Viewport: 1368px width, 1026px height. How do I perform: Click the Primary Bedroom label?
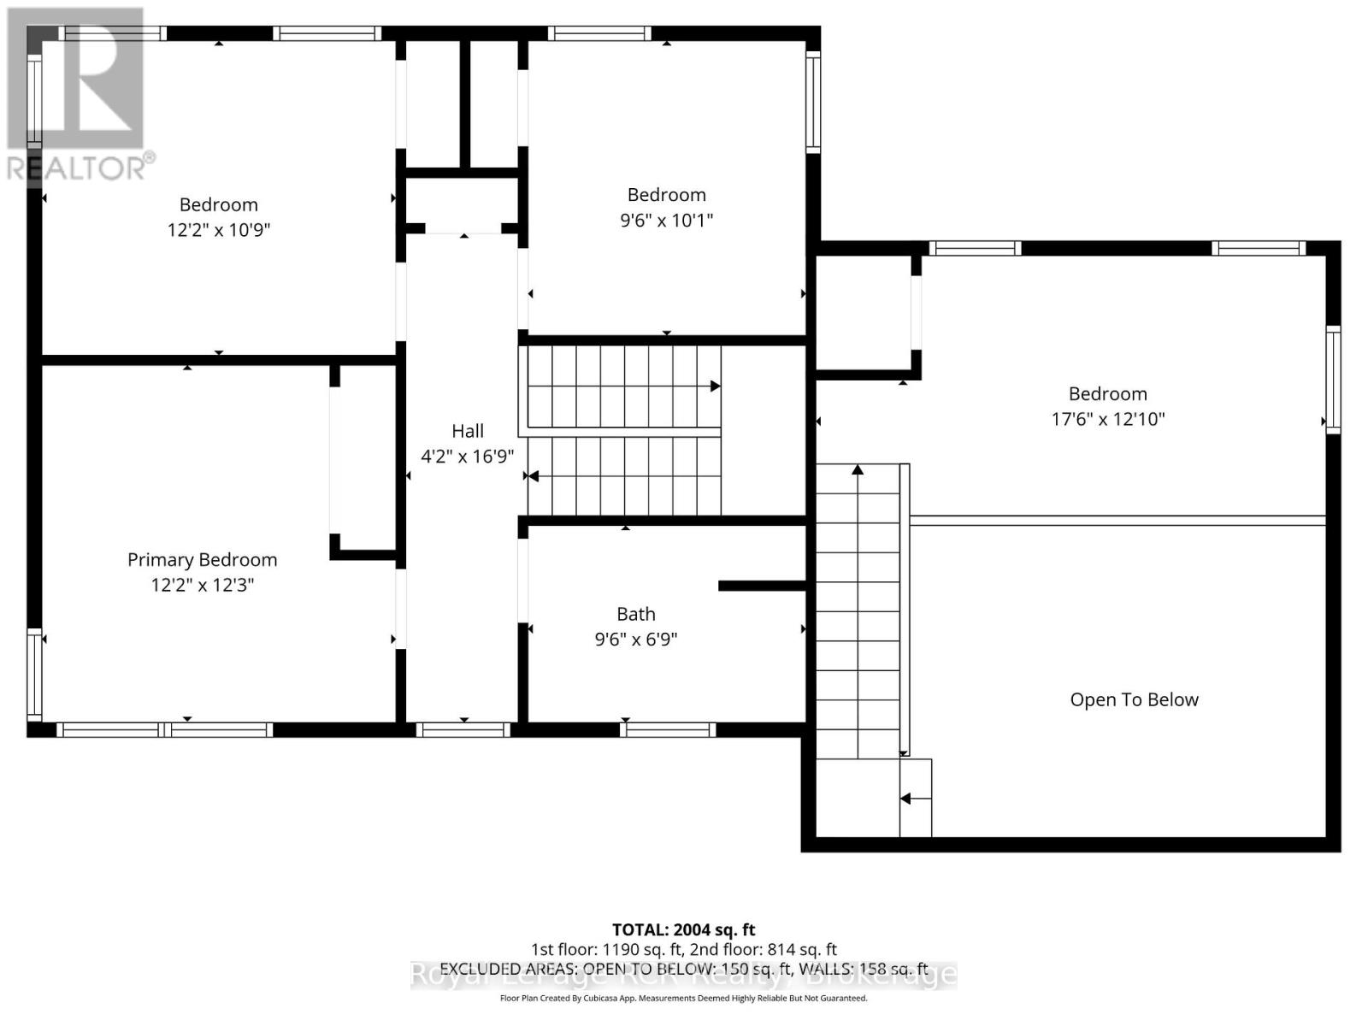coord(202,560)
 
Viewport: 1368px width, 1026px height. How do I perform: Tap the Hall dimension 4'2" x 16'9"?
coord(467,457)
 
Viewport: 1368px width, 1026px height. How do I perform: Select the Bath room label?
coord(636,614)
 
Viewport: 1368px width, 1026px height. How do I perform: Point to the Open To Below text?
coord(1134,699)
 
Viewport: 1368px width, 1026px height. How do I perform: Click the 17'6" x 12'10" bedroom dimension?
coord(1107,419)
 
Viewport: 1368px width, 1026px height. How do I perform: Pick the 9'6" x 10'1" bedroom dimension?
coord(666,220)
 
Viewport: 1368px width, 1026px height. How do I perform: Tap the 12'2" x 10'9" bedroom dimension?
coord(218,230)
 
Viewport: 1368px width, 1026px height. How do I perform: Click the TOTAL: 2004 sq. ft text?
coord(683,929)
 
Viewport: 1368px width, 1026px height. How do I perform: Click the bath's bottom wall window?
coord(668,729)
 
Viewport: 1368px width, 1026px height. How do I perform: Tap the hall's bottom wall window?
coord(463,729)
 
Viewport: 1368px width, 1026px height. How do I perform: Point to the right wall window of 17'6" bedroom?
coord(1333,379)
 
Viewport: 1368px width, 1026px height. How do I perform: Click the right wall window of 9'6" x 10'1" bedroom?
coord(813,102)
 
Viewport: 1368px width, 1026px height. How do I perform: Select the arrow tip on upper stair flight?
coord(715,386)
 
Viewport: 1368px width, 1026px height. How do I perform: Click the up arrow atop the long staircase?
coord(858,469)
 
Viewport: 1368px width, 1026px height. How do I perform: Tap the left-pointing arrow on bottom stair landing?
coord(905,799)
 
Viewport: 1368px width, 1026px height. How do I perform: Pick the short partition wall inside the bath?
coord(761,586)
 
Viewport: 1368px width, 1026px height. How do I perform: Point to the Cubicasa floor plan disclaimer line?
coord(683,998)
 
